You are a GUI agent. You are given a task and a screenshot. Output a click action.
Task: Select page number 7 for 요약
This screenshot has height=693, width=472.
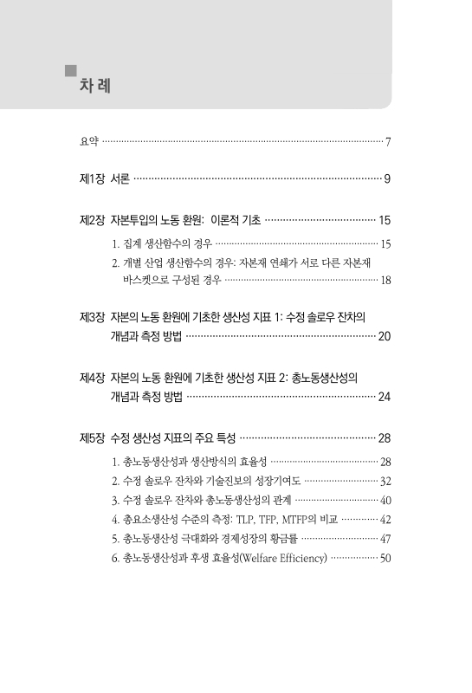[390, 141]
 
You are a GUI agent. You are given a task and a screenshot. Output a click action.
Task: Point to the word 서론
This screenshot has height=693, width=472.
[121, 179]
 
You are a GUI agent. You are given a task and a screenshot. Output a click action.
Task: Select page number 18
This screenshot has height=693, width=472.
[386, 281]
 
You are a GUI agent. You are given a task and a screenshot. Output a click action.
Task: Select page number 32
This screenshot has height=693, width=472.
[386, 480]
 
